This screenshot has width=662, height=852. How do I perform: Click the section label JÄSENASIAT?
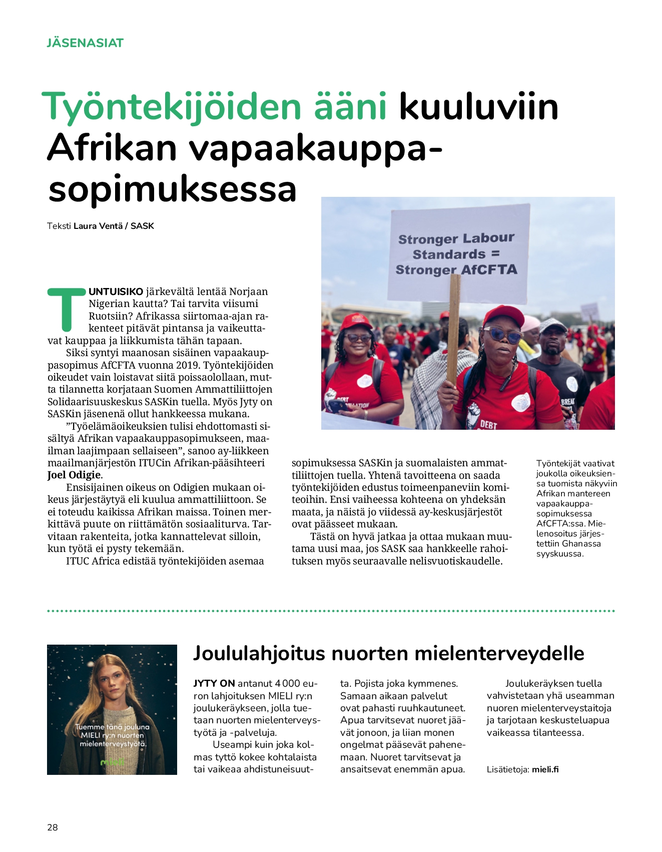(x=85, y=43)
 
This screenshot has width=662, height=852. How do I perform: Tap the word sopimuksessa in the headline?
(x=173, y=189)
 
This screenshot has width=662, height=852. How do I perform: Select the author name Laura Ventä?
(x=98, y=226)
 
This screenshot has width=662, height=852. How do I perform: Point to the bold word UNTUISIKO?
(x=116, y=292)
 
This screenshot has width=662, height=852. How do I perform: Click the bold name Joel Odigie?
(x=74, y=475)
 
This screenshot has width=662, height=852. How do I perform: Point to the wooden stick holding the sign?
(x=454, y=331)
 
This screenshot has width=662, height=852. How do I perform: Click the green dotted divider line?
(x=330, y=611)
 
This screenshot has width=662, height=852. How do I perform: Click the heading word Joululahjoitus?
(x=259, y=653)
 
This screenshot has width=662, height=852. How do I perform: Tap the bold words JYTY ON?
(x=214, y=683)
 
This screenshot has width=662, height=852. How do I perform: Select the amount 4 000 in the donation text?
(x=287, y=683)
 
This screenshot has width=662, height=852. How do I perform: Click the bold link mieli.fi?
(x=545, y=769)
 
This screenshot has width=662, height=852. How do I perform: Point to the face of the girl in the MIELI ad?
(x=112, y=679)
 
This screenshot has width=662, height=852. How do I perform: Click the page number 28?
(x=53, y=827)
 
